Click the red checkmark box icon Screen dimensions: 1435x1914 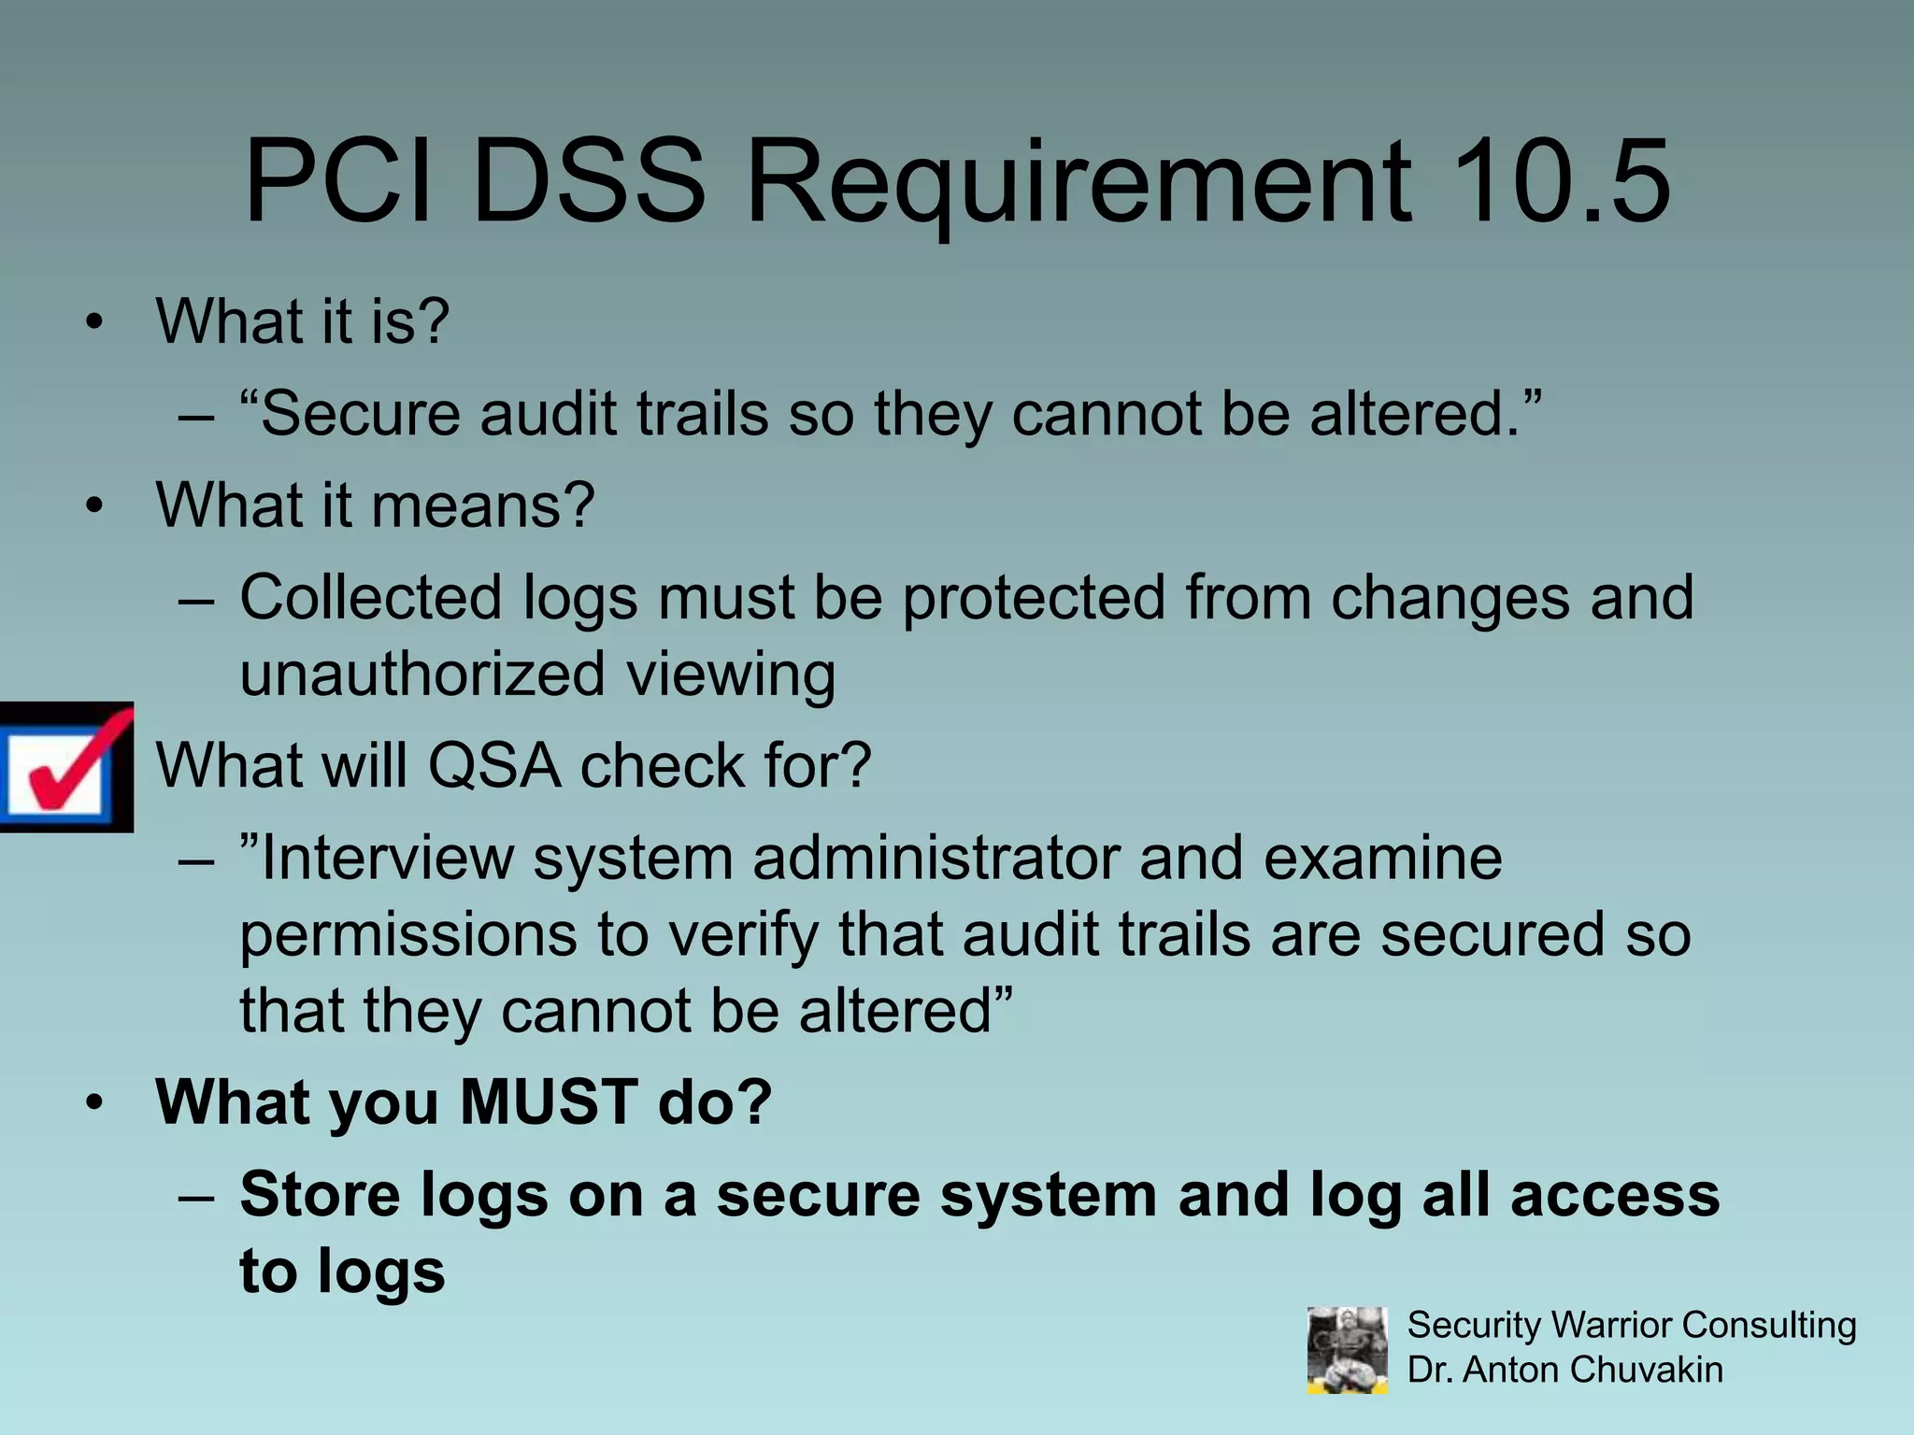tap(65, 767)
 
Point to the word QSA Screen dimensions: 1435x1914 tap(494, 766)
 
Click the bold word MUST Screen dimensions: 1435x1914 tap(549, 1102)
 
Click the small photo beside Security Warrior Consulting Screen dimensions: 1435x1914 tap(1347, 1349)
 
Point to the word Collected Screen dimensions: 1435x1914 tap(371, 597)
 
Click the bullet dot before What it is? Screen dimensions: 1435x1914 tap(93, 323)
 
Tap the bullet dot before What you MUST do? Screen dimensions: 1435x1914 tap(93, 1103)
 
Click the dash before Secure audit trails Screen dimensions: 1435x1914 tap(195, 415)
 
